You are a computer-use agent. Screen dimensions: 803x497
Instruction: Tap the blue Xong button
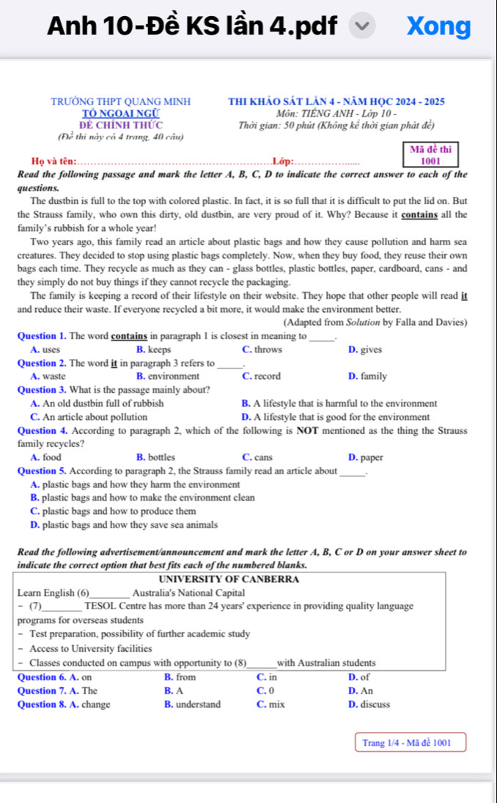click(x=439, y=26)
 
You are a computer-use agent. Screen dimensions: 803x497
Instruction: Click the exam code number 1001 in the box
click(x=430, y=161)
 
